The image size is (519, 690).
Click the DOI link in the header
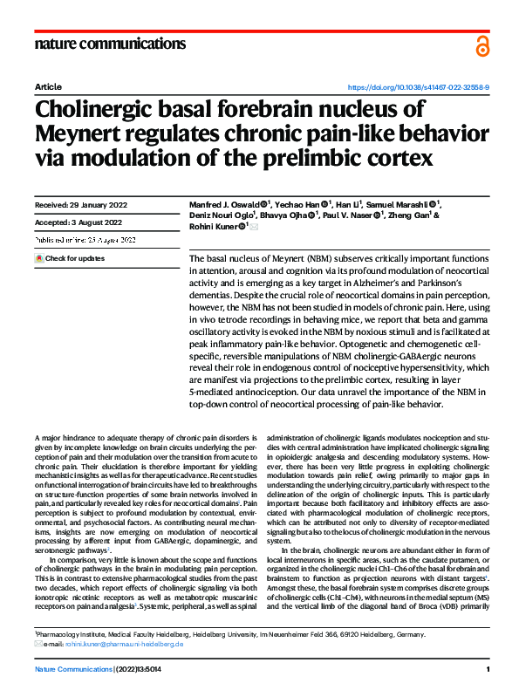[419, 88]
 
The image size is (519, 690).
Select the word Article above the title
[47, 88]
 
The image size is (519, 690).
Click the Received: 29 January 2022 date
[80, 205]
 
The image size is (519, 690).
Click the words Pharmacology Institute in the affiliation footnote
[72, 636]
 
